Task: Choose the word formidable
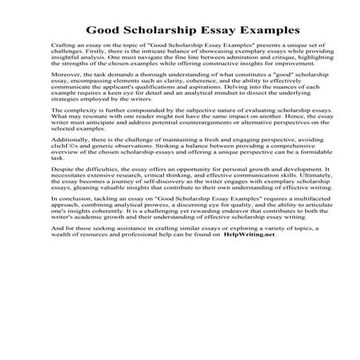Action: tap(267, 195)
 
